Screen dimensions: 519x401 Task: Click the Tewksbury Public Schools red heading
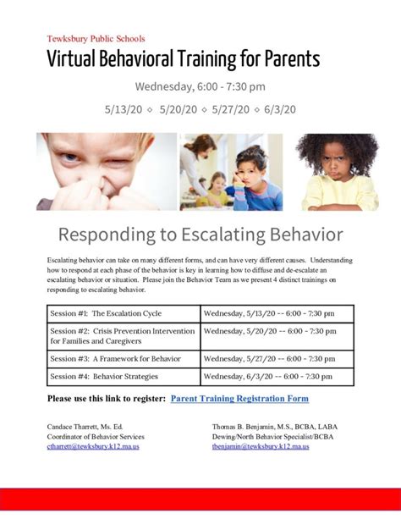click(x=96, y=38)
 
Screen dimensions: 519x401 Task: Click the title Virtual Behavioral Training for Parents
click(x=183, y=59)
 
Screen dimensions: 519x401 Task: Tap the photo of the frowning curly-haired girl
click(x=336, y=172)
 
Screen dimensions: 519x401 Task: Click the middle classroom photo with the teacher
click(x=231, y=172)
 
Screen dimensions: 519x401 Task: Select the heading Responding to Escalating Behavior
click(x=200, y=234)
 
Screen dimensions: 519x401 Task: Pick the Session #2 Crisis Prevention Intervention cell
click(x=124, y=336)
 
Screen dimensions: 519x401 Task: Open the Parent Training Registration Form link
click(x=239, y=398)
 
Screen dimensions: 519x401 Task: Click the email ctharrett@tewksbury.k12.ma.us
click(x=93, y=446)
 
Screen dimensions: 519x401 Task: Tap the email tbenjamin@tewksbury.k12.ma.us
click(x=260, y=446)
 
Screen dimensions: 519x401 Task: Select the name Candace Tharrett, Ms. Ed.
click(x=86, y=426)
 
